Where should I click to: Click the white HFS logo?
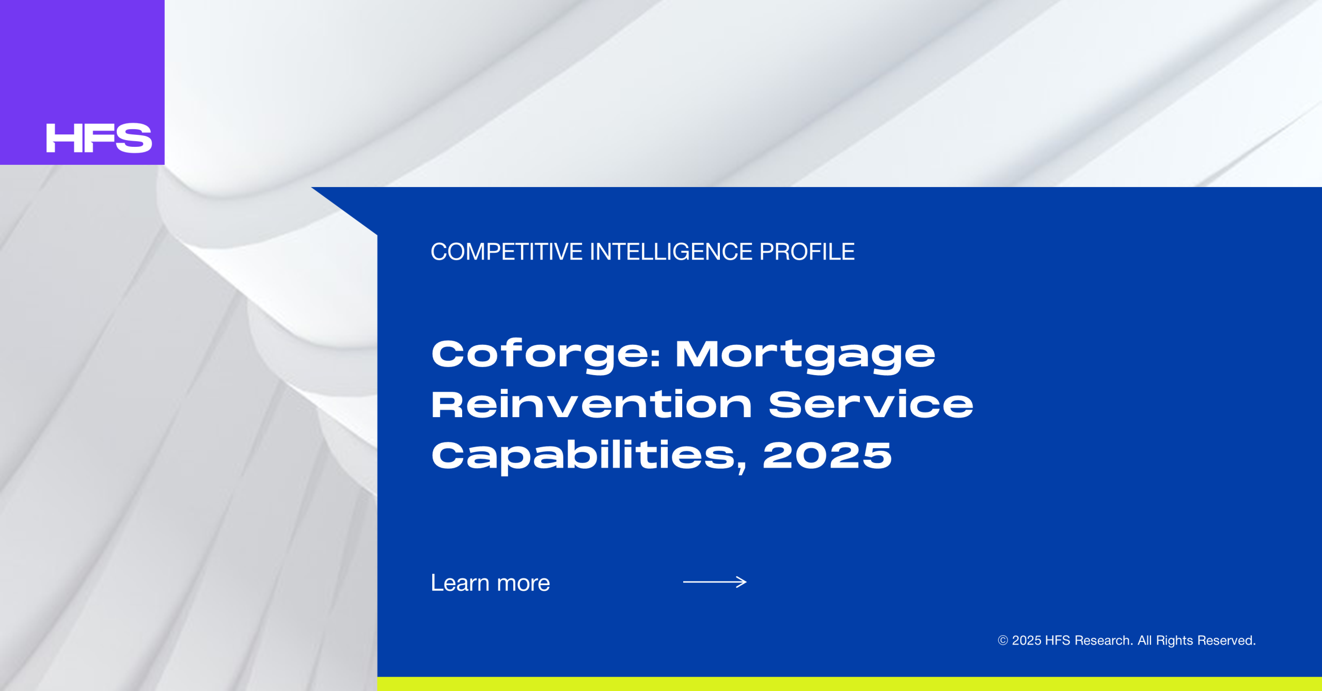click(x=99, y=138)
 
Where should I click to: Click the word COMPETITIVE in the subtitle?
click(x=507, y=252)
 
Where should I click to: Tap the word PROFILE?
click(x=807, y=252)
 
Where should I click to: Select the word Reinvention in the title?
click(x=591, y=404)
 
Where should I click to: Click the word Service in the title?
click(x=871, y=404)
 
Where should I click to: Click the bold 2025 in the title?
click(x=827, y=455)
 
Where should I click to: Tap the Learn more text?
click(x=490, y=583)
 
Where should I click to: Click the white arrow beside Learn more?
click(x=715, y=582)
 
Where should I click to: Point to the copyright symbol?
click(x=1003, y=641)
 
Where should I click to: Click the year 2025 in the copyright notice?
click(x=1026, y=641)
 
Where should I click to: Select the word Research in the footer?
click(x=1104, y=641)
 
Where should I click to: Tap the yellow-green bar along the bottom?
click(x=849, y=684)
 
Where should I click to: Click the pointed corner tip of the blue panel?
click(x=311, y=188)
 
